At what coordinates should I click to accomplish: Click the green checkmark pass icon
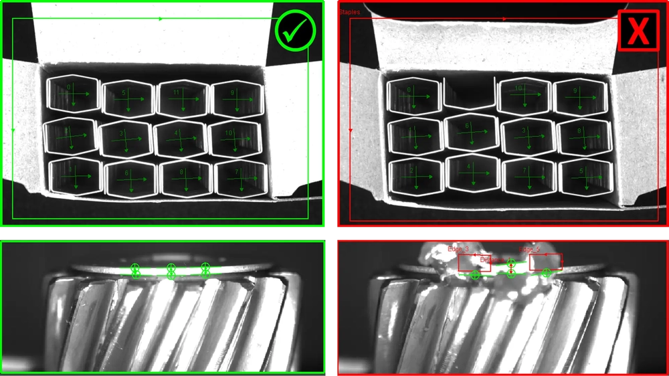pos(295,30)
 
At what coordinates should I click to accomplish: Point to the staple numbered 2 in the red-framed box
pos(415,176)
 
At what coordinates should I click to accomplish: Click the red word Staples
pos(349,12)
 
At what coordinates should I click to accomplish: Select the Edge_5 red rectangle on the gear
pos(545,262)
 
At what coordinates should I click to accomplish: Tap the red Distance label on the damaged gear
pos(493,260)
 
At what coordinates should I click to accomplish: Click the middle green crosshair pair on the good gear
pos(171,271)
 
